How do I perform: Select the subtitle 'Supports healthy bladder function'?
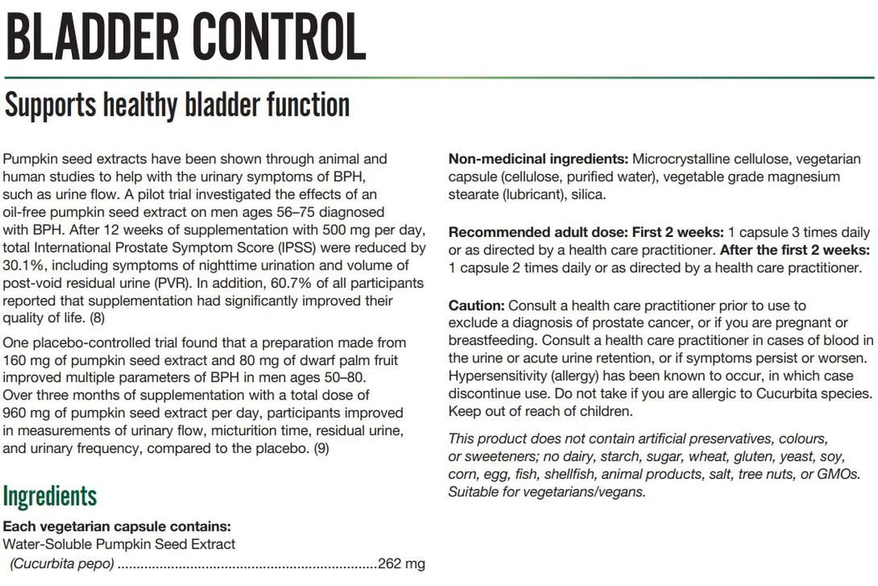click(176, 106)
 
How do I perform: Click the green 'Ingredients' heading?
click(50, 496)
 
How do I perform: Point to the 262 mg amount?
click(402, 563)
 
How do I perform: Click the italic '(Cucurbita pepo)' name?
click(62, 563)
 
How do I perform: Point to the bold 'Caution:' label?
click(476, 306)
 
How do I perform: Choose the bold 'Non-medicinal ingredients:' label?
click(539, 158)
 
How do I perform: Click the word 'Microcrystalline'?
click(681, 158)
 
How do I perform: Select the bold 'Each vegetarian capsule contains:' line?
click(117, 527)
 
